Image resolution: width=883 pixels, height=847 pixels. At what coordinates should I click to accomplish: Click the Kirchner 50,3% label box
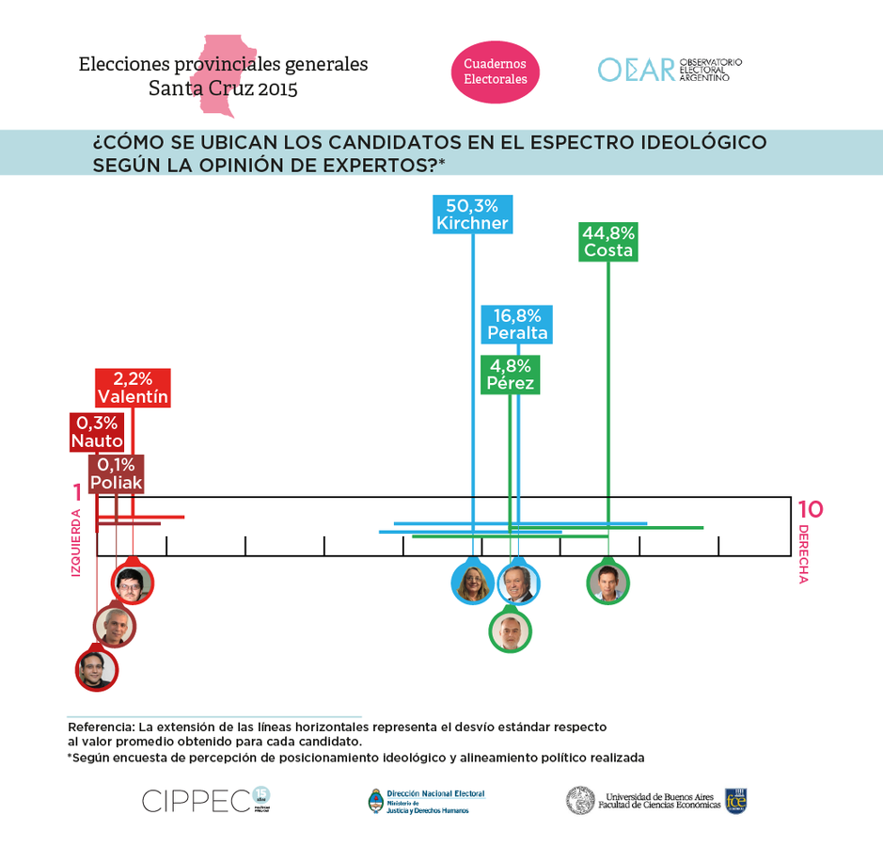coord(472,214)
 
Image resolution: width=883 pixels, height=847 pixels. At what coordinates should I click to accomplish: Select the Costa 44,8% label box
coord(608,242)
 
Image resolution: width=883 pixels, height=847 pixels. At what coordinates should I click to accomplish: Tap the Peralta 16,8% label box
coord(517,325)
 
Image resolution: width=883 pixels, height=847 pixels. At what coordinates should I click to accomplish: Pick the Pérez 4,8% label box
coord(510,375)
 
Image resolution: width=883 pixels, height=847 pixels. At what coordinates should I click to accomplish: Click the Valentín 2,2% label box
coord(133,388)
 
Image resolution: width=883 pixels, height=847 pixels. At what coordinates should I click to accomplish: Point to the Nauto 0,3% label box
coord(96,432)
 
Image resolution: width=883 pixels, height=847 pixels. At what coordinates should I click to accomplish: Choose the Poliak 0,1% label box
coord(117,474)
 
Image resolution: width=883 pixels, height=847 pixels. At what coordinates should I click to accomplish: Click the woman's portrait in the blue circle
coord(472,583)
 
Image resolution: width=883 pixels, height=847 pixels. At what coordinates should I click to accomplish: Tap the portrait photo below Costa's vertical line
coord(607,583)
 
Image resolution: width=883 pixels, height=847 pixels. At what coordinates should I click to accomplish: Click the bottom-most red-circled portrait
coord(96,670)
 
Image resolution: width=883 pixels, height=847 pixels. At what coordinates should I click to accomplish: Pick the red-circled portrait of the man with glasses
coord(132,583)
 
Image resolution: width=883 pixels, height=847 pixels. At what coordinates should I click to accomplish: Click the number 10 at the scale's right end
coord(810,510)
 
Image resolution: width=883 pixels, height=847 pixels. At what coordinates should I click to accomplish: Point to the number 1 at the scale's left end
coord(77,492)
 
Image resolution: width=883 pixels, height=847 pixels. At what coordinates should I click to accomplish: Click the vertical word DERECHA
coord(802,554)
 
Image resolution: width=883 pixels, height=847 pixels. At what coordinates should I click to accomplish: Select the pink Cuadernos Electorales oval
coord(496,72)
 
